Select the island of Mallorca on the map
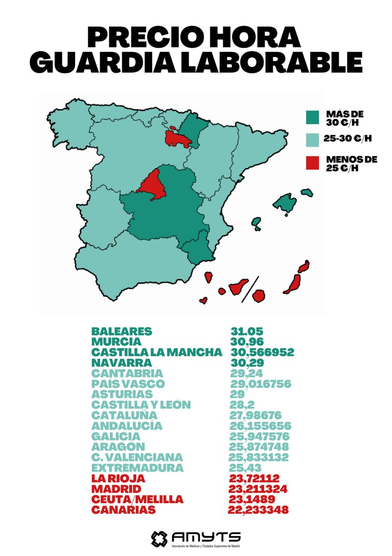285,202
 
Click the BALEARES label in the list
122,332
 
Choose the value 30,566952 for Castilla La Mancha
262,352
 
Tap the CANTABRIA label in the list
127,373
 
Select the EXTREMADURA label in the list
137,468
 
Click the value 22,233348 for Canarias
259,510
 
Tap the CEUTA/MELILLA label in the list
137,499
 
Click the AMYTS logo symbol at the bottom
160,538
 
